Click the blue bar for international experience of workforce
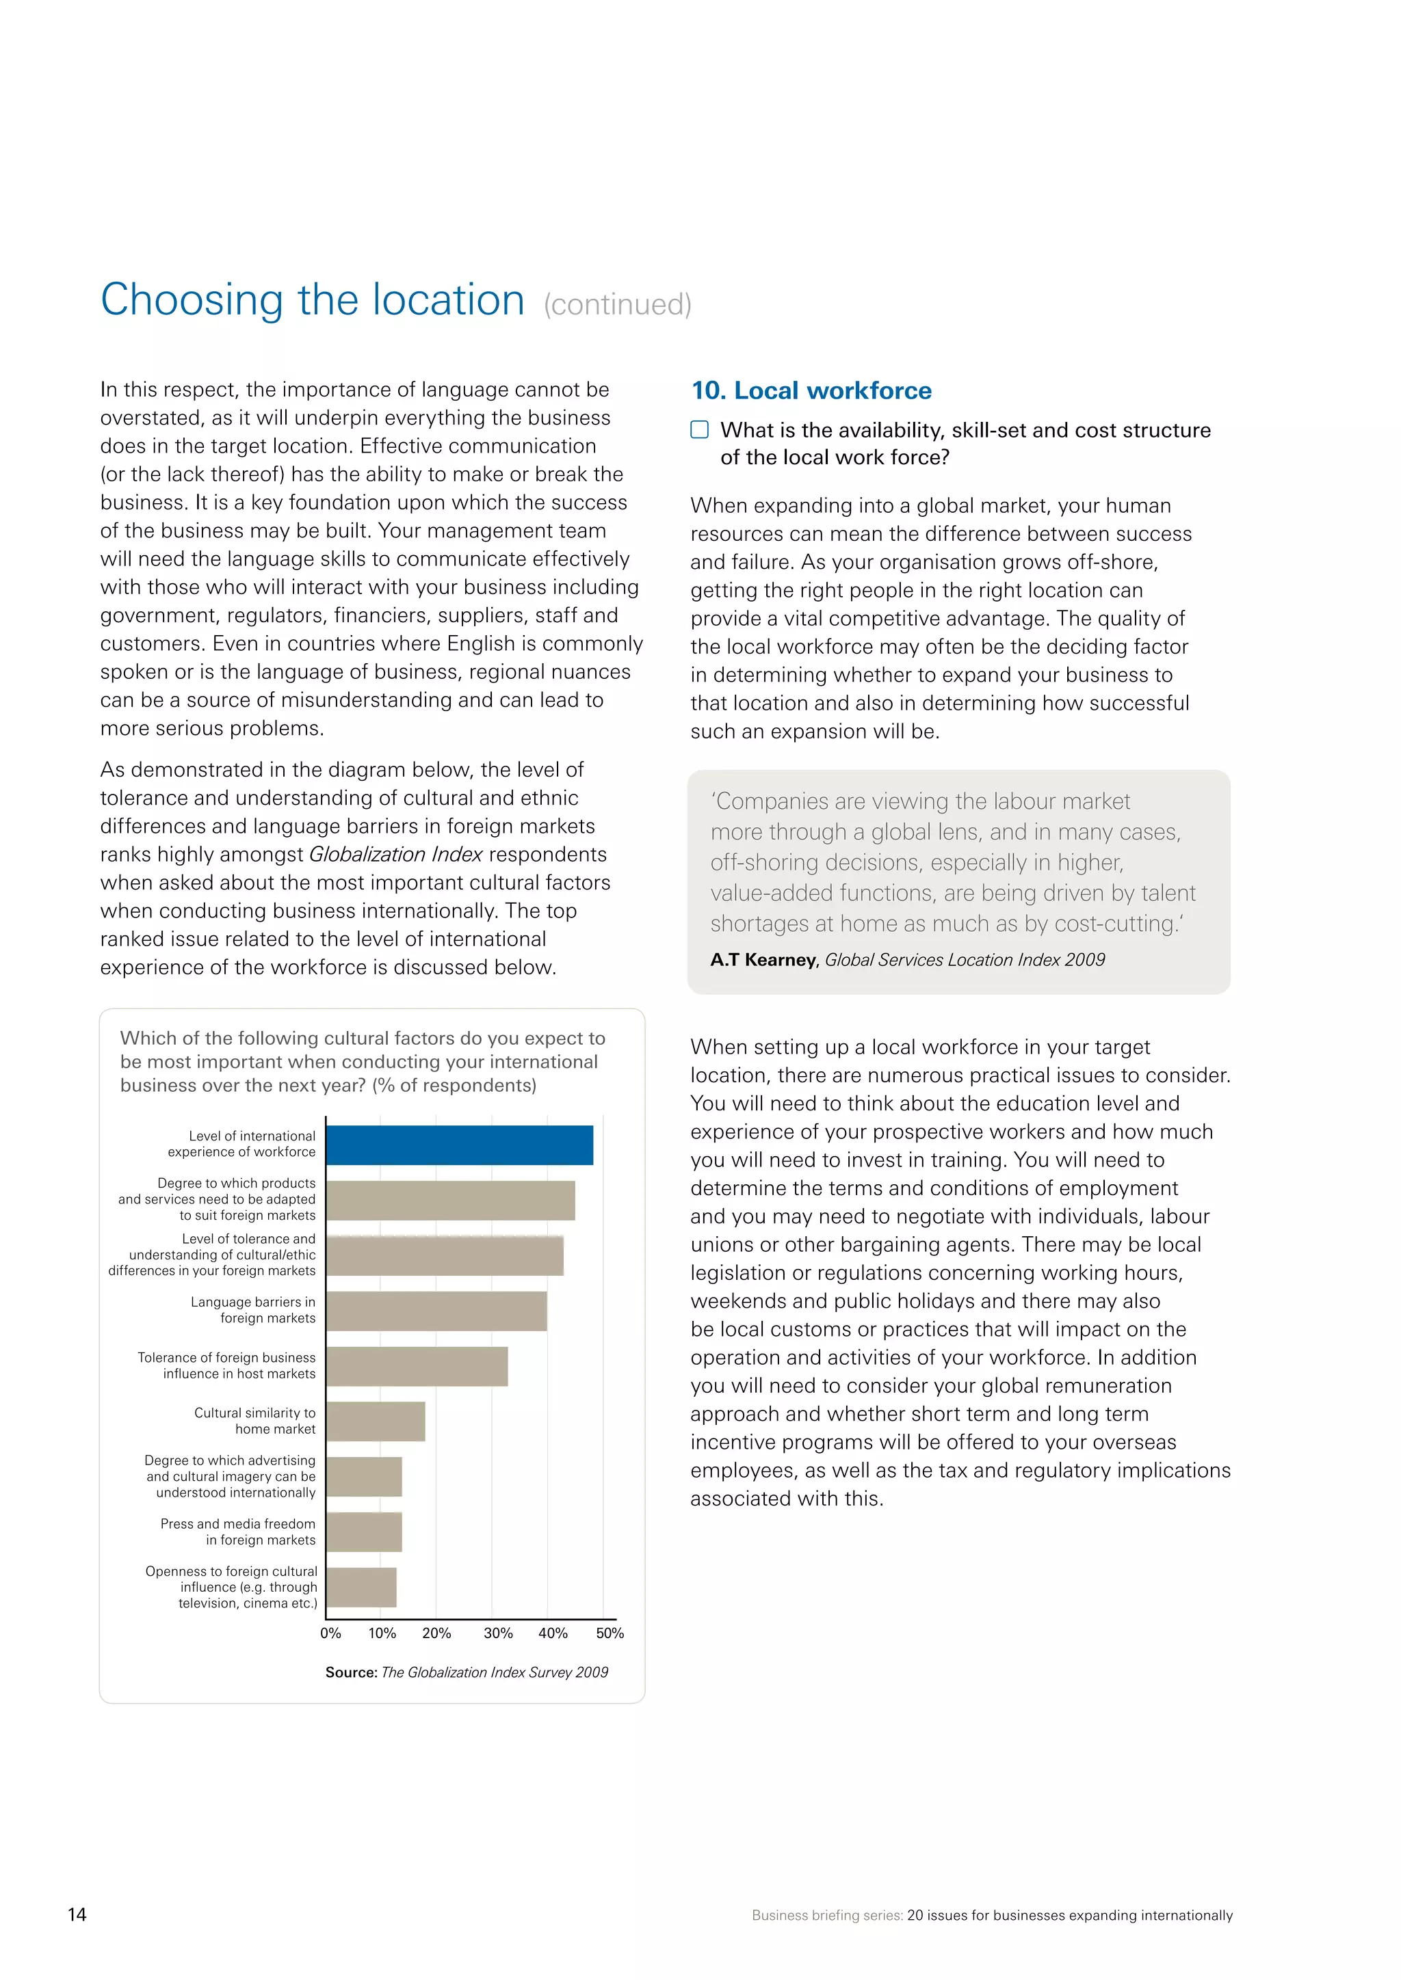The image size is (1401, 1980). click(459, 1145)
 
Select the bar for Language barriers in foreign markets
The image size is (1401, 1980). click(436, 1311)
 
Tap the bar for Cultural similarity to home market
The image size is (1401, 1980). click(376, 1421)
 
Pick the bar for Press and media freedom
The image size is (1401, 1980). click(364, 1531)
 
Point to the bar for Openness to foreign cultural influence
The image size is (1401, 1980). click(361, 1587)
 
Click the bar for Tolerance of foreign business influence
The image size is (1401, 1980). click(417, 1366)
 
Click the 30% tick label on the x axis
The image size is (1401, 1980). click(498, 1633)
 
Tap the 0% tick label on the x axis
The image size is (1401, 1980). click(330, 1633)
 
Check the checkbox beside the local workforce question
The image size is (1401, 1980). click(700, 429)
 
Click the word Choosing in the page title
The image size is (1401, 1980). click(192, 300)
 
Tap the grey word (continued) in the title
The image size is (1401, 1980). click(617, 304)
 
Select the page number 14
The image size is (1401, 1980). click(77, 1914)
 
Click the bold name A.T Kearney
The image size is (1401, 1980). click(763, 960)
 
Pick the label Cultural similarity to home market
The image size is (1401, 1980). click(254, 1420)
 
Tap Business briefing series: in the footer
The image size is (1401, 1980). click(826, 1915)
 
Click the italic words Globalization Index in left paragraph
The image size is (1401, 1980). click(395, 855)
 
